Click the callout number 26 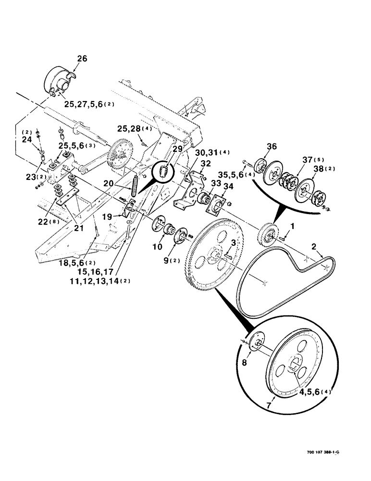[82, 59]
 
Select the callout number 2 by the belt [314, 246]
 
